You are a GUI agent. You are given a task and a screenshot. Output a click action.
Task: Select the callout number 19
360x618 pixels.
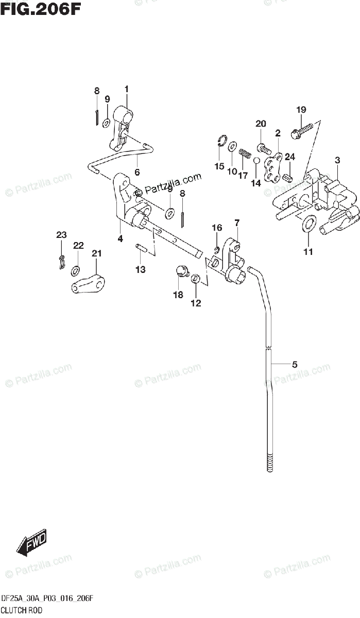pos(301,109)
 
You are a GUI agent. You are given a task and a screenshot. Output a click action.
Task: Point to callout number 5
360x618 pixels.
pos(295,365)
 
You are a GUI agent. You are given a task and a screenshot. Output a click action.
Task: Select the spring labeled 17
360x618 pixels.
pos(245,153)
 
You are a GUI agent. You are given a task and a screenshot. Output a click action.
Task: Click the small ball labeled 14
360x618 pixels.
pos(256,161)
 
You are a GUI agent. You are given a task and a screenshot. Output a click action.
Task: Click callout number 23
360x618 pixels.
pos(61,235)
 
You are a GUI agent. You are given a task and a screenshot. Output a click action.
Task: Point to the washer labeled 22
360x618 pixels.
pos(76,269)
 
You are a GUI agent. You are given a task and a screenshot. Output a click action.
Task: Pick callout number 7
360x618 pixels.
pos(237,223)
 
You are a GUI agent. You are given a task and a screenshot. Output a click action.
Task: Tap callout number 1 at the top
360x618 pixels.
pos(126,89)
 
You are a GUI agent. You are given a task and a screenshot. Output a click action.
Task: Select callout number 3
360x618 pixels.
pos(337,160)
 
